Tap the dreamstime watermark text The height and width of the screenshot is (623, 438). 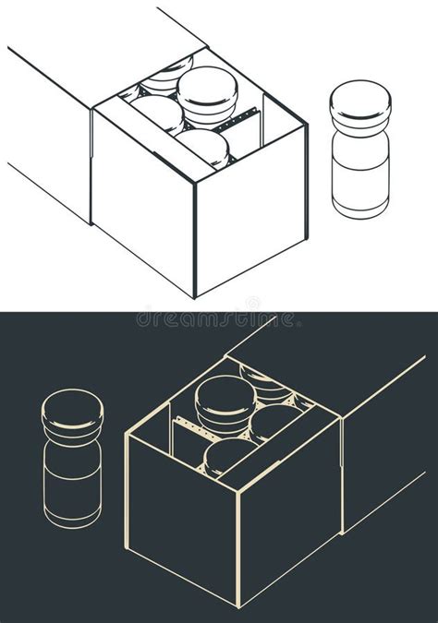218,318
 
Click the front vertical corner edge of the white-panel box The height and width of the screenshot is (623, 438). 195,240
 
